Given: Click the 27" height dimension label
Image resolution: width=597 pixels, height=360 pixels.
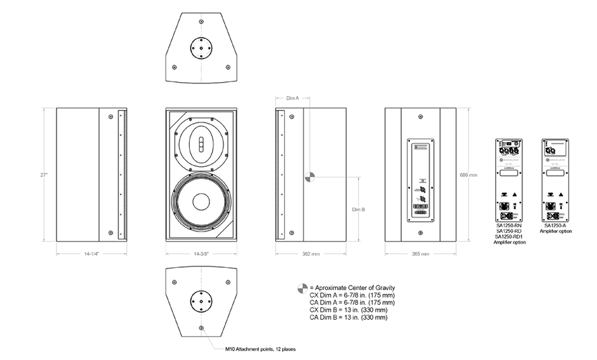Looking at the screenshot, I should coord(44,174).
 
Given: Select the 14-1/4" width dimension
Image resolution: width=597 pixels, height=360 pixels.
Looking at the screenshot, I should coord(92,254).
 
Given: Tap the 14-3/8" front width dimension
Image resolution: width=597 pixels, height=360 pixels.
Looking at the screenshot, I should coord(200,254).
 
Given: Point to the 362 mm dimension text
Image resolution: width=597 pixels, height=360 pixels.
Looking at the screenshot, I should coord(310,254).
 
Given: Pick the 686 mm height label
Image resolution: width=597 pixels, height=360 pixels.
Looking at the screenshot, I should coord(470,174).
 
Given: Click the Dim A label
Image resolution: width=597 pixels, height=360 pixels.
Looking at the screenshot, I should coord(292,98).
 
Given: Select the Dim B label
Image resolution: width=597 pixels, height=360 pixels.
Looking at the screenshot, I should coord(358,209).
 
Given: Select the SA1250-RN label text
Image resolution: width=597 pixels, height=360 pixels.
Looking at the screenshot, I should coord(510,225).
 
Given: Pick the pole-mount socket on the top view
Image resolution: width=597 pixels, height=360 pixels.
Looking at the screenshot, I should coord(201,48).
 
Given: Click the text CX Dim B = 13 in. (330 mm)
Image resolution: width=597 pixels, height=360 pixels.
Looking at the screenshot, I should coord(348,310).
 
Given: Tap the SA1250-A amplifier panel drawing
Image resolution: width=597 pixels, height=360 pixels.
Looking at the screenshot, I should coord(556,180).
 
